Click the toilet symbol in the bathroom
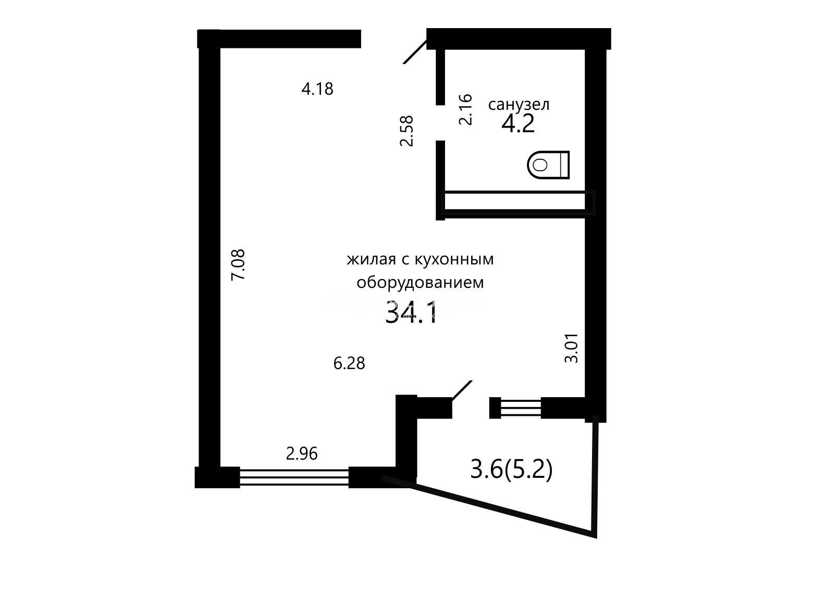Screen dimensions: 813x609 [548, 164]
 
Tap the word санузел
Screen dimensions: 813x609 [519, 105]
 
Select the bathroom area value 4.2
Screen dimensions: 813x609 [518, 123]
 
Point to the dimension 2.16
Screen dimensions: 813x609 [465, 109]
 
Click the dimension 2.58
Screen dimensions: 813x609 [406, 131]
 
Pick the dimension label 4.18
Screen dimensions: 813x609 [317, 89]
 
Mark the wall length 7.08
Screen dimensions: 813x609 [238, 265]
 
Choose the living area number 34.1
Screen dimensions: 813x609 [412, 312]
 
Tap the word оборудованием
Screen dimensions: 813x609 [420, 283]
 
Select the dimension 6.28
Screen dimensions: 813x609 [349, 363]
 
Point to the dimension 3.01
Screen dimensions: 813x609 [571, 348]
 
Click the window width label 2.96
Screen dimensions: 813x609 [302, 454]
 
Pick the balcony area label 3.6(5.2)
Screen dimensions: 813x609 [511, 470]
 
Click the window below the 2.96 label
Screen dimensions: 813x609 [294, 477]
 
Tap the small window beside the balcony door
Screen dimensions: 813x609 [521, 408]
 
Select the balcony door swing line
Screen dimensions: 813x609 [462, 390]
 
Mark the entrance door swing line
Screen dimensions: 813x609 [415, 52]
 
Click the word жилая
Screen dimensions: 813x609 [372, 260]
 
